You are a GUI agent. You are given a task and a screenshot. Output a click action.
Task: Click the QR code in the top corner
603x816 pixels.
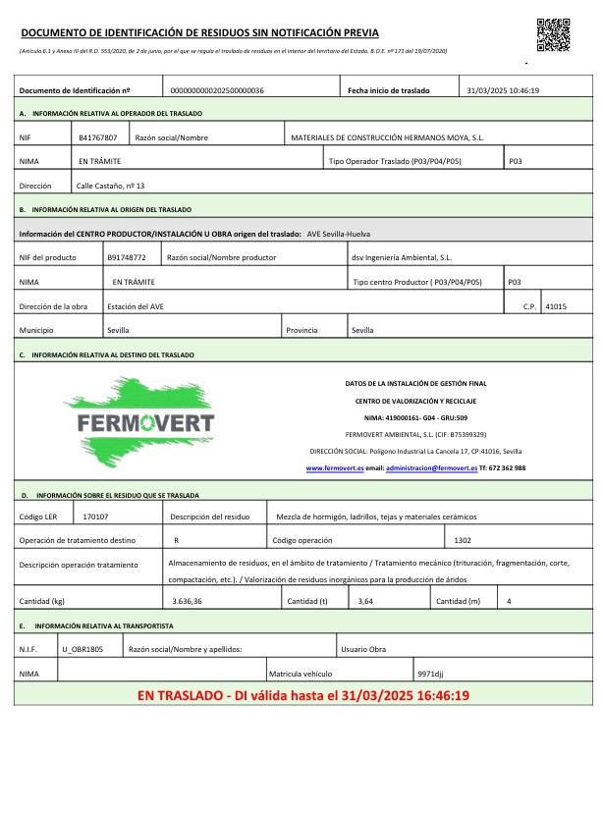pos(553,34)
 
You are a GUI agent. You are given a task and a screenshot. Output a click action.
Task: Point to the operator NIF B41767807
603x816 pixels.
pos(98,137)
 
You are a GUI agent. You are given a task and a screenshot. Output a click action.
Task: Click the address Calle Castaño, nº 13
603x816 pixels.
pos(111,185)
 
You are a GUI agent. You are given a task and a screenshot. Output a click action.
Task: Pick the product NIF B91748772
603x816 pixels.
pos(127,257)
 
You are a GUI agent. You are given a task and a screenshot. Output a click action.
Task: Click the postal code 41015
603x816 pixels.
pos(555,306)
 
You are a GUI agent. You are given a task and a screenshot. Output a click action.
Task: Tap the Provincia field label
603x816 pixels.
pos(301,331)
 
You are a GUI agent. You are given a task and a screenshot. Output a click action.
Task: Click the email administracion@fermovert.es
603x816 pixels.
pos(431,468)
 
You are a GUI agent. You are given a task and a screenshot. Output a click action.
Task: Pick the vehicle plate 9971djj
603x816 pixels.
pos(431,674)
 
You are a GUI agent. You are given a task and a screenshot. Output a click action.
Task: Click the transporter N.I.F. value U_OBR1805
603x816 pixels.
pos(82,649)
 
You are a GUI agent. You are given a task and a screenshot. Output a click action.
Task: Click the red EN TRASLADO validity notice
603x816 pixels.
pos(302,695)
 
